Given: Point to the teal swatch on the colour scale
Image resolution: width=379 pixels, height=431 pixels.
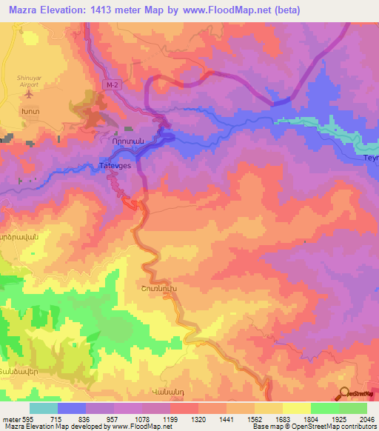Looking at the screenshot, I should pos(42,408).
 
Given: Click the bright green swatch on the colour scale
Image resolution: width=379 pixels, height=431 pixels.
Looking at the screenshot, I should pos(325,408).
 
